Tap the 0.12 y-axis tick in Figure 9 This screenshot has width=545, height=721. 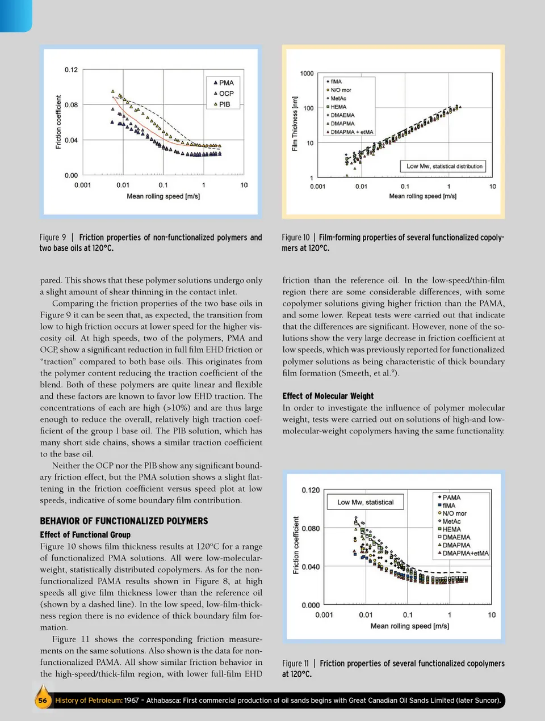pyautogui.click(x=71, y=70)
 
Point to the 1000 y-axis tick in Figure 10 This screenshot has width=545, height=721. pyautogui.click(x=307, y=73)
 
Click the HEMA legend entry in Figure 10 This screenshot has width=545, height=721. pyautogui.click(x=338, y=107)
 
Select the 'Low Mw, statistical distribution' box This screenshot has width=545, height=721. pyautogui.click(x=444, y=166)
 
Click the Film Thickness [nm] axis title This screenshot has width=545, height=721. pyautogui.click(x=295, y=124)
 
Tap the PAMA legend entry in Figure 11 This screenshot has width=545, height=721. pyautogui.click(x=451, y=497)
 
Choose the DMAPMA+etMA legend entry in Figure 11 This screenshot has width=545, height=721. pyautogui.click(x=465, y=553)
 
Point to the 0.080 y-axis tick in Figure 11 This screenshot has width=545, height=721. pyautogui.click(x=311, y=528)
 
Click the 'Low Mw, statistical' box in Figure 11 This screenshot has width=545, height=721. pyautogui.click(x=365, y=502)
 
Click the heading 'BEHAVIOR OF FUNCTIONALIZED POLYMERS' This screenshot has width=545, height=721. pyautogui.click(x=124, y=521)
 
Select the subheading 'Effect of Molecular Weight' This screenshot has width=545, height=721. pyautogui.click(x=328, y=396)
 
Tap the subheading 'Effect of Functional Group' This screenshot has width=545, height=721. pyautogui.click(x=85, y=534)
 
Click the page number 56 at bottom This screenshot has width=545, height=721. pyautogui.click(x=43, y=700)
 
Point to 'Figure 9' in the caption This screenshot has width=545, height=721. pyautogui.click(x=53, y=237)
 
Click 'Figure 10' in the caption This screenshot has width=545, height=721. pyautogui.click(x=296, y=237)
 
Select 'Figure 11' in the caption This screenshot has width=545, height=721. pyautogui.click(x=296, y=663)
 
